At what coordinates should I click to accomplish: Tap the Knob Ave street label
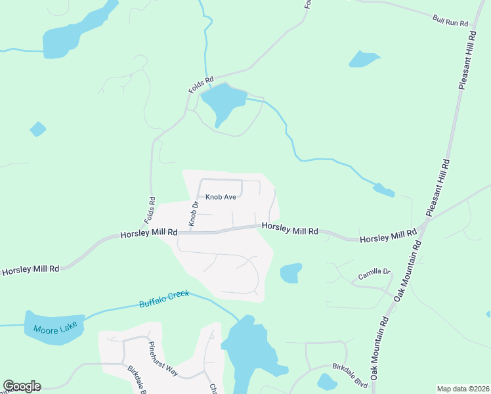click(221, 196)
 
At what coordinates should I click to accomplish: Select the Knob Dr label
click(194, 214)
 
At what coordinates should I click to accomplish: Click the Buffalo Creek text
click(163, 299)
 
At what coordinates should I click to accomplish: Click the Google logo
click(22, 386)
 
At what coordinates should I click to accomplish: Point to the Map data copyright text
click(462, 389)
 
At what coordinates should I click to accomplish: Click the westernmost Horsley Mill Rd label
click(30, 269)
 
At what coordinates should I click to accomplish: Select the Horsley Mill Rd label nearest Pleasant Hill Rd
click(388, 236)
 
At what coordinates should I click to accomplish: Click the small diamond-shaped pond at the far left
click(38, 129)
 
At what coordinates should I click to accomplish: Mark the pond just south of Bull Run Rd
click(364, 58)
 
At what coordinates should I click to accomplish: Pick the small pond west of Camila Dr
click(291, 273)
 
